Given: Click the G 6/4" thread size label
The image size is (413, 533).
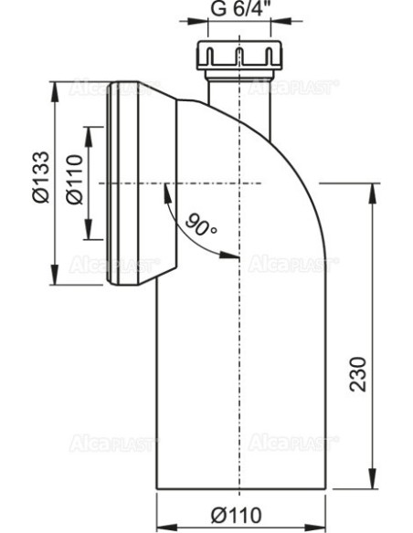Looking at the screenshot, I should click(236, 12).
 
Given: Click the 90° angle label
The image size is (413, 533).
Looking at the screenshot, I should click(200, 222).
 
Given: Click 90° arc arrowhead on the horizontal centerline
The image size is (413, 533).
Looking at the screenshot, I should click(165, 189).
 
